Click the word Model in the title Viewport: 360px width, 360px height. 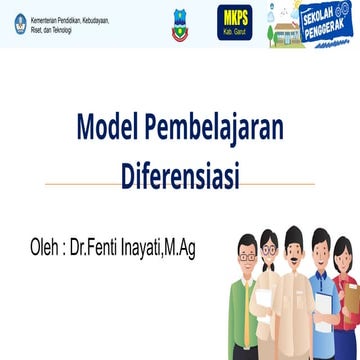108,129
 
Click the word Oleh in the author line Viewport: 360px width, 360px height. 49,245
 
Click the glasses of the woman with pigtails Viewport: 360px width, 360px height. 269,248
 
